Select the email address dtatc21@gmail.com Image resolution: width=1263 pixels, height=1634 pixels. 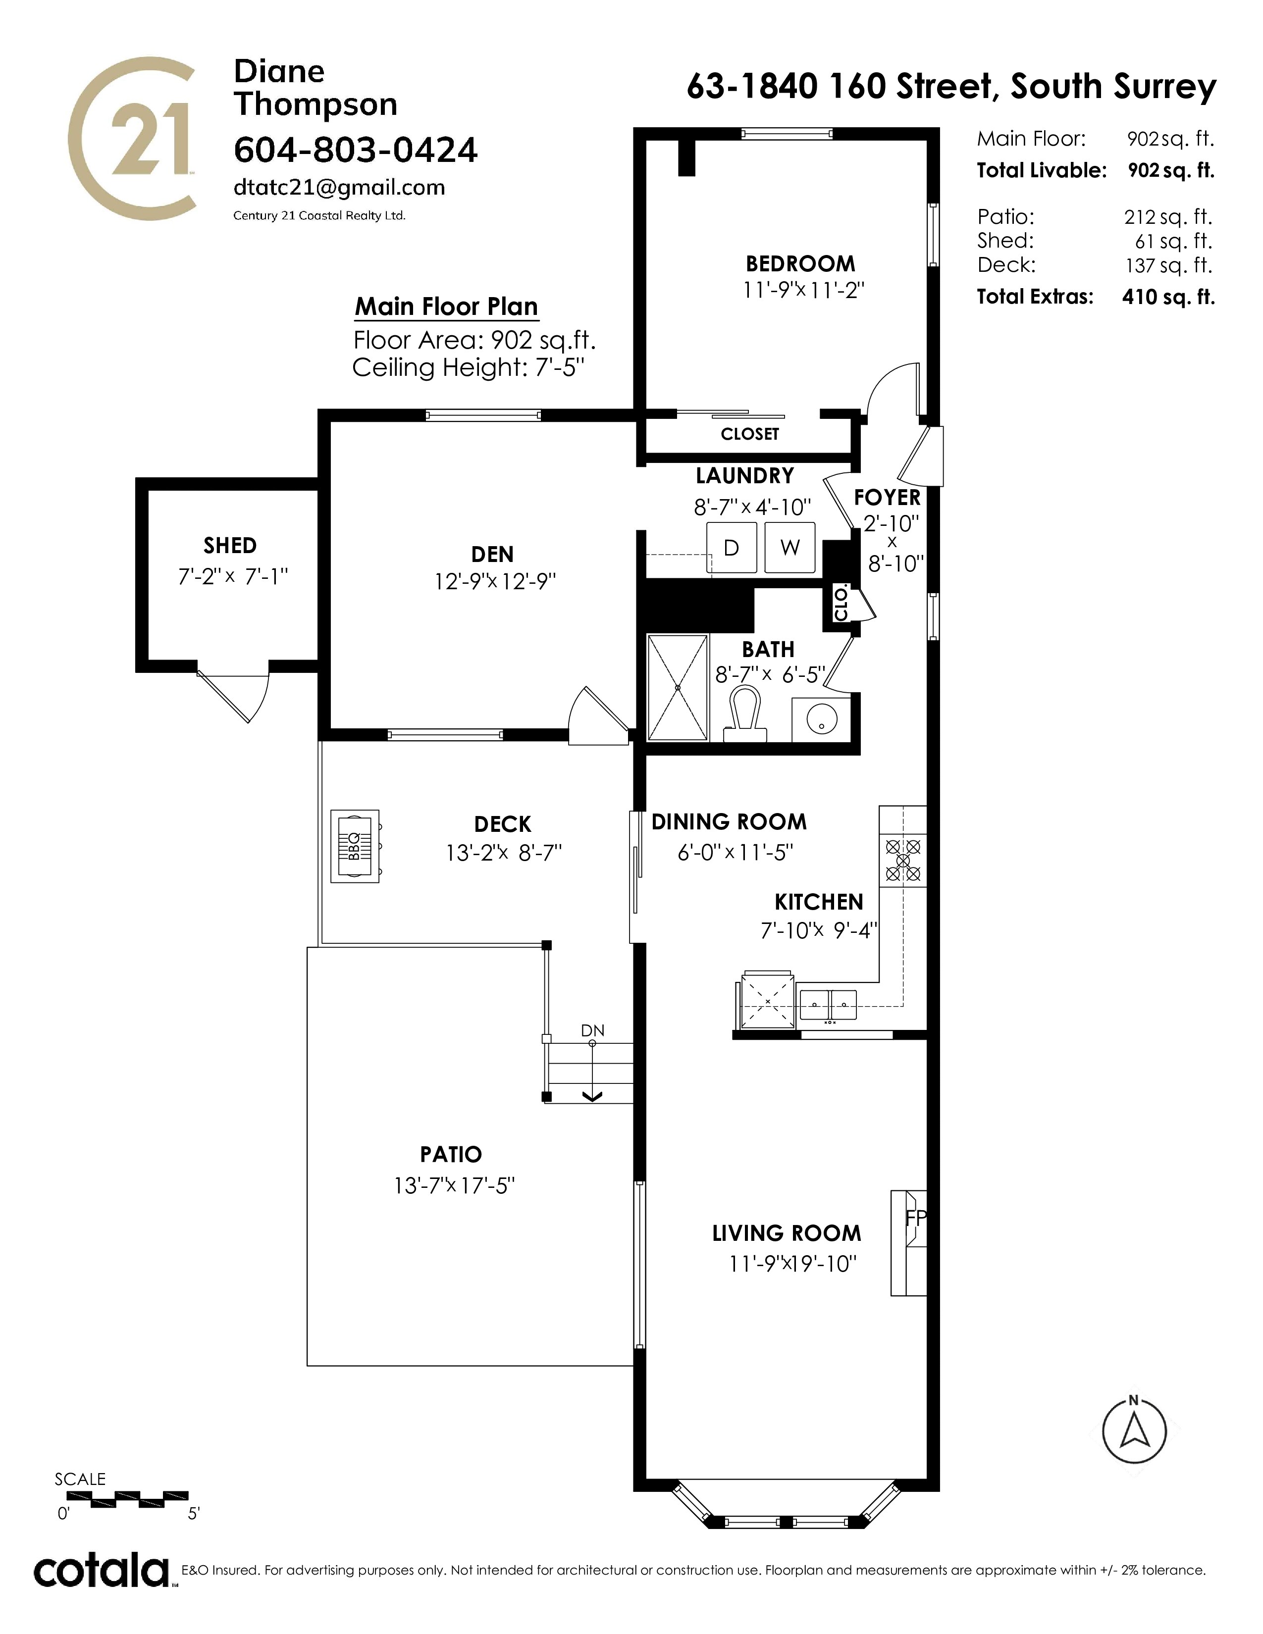[x=339, y=187]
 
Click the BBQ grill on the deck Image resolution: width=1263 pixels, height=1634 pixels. [x=356, y=846]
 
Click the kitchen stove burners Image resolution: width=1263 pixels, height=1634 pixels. [x=903, y=859]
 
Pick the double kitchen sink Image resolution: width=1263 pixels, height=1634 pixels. [x=828, y=1004]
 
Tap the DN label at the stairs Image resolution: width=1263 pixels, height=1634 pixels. [x=592, y=1031]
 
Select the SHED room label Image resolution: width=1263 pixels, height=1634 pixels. [x=230, y=546]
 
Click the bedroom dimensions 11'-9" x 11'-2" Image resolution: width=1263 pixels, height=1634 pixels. [x=803, y=290]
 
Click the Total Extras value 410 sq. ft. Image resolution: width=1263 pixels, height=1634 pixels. [x=1168, y=297]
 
